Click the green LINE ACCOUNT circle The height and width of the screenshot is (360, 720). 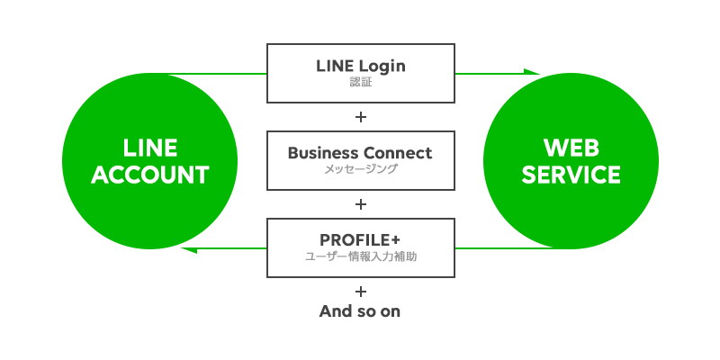pyautogui.click(x=149, y=161)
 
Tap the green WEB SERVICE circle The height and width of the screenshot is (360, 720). pyautogui.click(x=571, y=161)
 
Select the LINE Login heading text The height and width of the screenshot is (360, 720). pyautogui.click(x=361, y=66)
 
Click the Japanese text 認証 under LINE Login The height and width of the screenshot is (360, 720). pyautogui.click(x=361, y=83)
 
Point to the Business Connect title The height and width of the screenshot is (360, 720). pyautogui.click(x=360, y=153)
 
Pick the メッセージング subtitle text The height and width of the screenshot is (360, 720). pyautogui.click(x=361, y=169)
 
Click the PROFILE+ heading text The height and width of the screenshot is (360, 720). pyautogui.click(x=361, y=239)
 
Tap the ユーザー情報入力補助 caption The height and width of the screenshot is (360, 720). pyautogui.click(x=361, y=256)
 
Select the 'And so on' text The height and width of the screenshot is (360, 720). pyautogui.click(x=360, y=311)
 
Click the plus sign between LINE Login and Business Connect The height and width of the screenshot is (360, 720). pyautogui.click(x=361, y=117)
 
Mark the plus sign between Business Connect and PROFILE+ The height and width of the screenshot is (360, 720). pyautogui.click(x=361, y=204)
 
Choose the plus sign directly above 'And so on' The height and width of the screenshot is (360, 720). pyautogui.click(x=361, y=291)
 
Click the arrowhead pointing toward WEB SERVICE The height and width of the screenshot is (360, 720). pyautogui.click(x=532, y=72)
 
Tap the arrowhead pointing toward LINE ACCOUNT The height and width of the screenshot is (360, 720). pyautogui.click(x=189, y=250)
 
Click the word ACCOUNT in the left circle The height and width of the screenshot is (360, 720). pyautogui.click(x=150, y=175)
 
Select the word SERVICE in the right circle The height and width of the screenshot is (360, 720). pyautogui.click(x=571, y=175)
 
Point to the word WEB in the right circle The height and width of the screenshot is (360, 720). pyautogui.click(x=571, y=148)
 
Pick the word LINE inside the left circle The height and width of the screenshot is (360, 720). pyautogui.click(x=149, y=148)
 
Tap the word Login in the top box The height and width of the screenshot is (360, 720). pyautogui.click(x=382, y=67)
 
